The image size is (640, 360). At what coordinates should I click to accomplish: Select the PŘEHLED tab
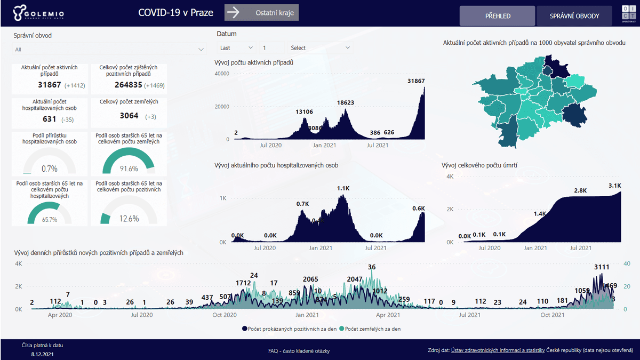[497, 16]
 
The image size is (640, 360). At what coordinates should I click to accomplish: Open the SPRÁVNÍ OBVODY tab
[574, 16]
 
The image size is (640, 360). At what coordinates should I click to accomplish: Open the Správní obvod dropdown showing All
[109, 49]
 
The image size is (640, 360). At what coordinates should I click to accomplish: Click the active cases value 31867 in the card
[50, 85]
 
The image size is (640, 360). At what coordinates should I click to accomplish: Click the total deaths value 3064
[129, 116]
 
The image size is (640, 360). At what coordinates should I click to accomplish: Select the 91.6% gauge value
[129, 169]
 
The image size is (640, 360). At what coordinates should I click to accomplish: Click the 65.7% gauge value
[50, 219]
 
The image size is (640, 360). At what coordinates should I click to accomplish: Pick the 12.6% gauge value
[129, 218]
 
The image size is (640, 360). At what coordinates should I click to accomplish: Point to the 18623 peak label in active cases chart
[346, 102]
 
